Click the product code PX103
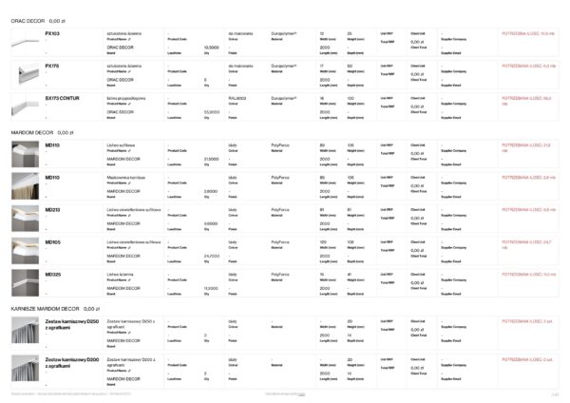(x=52, y=32)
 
